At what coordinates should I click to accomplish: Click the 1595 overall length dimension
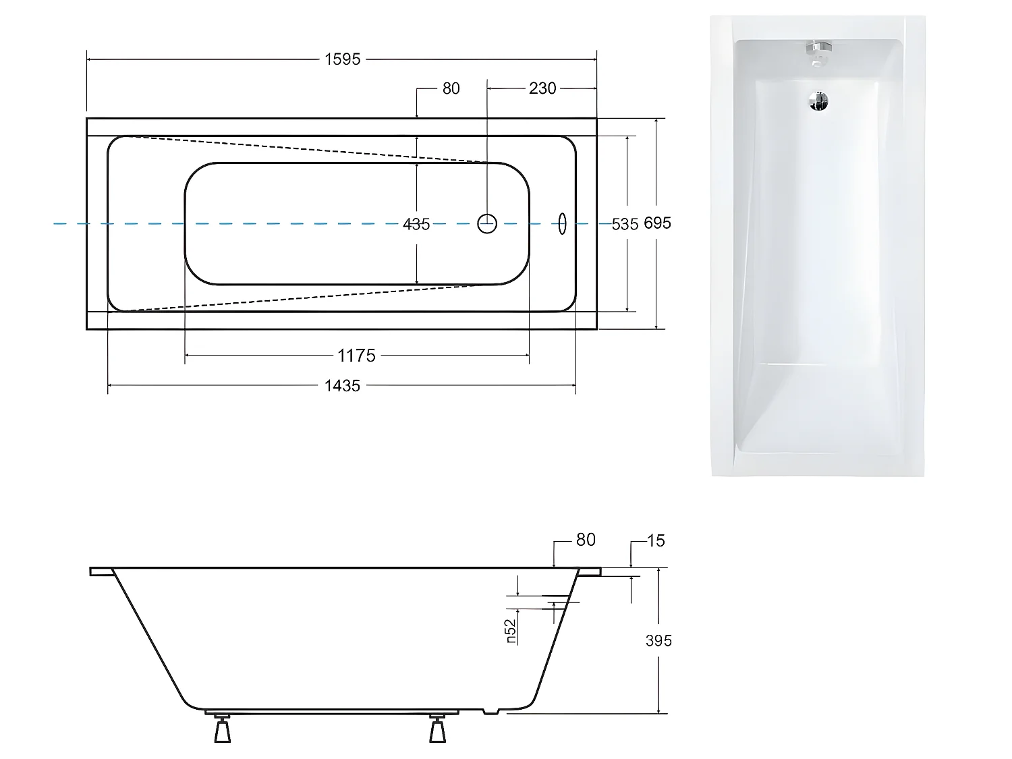click(x=343, y=59)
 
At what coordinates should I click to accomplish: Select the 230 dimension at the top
click(x=542, y=88)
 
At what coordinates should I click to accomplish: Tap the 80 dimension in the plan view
click(x=451, y=88)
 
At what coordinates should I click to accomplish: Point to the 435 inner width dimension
click(x=416, y=224)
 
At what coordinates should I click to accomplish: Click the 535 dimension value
click(x=625, y=224)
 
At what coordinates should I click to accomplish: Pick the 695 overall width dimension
click(x=657, y=223)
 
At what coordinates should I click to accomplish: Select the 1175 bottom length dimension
click(x=356, y=356)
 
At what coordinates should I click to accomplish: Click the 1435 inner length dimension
click(x=343, y=386)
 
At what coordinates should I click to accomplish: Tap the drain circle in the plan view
click(x=487, y=223)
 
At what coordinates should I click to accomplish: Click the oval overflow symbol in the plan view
click(x=561, y=223)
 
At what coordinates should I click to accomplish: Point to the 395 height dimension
click(x=658, y=640)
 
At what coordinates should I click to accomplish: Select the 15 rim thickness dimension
click(x=655, y=540)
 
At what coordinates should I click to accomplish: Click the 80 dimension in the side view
click(x=586, y=540)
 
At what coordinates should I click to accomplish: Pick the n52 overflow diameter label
click(x=511, y=631)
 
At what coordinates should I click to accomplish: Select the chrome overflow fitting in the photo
click(x=818, y=51)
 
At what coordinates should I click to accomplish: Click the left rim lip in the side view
click(x=101, y=571)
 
